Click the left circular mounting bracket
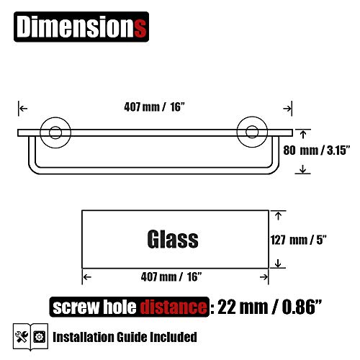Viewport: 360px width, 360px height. click(53, 132)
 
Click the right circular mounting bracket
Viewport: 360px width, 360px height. click(252, 132)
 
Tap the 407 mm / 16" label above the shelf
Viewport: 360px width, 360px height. click(154, 109)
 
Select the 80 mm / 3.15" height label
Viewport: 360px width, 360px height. click(324, 152)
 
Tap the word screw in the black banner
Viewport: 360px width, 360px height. click(73, 307)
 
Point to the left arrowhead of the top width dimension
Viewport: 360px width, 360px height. click(22, 109)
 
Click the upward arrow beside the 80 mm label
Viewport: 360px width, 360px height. click(302, 134)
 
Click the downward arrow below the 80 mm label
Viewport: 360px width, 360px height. click(302, 170)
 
